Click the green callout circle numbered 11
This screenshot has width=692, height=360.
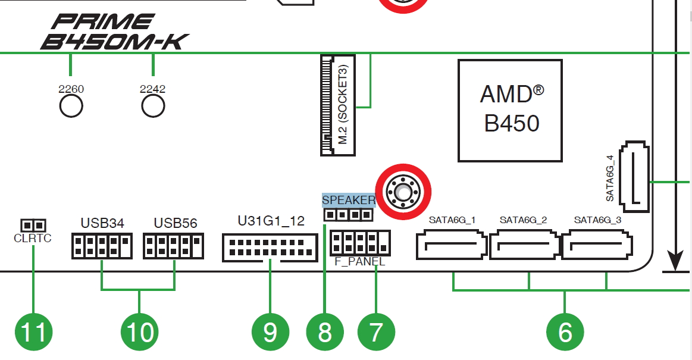coord(33,331)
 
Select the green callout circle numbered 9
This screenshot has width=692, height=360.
coord(270,331)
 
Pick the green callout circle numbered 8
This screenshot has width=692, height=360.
coord(325,331)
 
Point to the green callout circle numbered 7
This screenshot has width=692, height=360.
coord(375,331)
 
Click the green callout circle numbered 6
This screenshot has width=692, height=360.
coord(565,331)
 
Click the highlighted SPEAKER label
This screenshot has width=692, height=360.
coord(349,200)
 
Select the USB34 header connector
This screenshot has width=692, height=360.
coord(102,246)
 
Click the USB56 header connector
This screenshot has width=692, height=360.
coord(174,246)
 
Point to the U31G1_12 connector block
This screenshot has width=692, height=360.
coord(270,247)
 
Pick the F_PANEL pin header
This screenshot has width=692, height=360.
coord(361,243)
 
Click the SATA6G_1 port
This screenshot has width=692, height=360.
coord(452,245)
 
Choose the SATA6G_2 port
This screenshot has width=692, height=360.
coord(524,245)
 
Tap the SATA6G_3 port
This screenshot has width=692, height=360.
coord(597,245)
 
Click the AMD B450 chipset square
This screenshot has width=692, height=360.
coord(510,110)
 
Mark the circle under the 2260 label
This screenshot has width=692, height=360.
coord(71,106)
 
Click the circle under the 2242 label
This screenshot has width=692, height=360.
coord(153,106)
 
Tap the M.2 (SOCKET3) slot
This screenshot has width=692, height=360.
coord(337,105)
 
